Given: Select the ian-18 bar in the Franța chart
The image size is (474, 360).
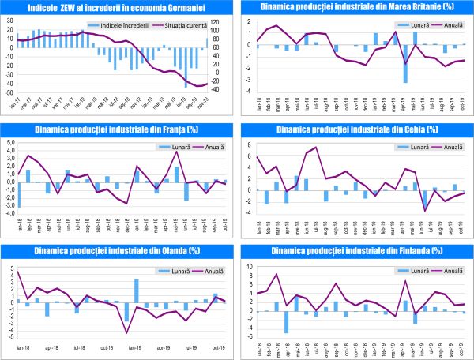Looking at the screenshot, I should (19, 194).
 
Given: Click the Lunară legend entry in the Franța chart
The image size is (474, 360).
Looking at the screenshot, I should (177, 147).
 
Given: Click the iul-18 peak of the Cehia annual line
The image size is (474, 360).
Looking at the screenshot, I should (316, 148).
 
